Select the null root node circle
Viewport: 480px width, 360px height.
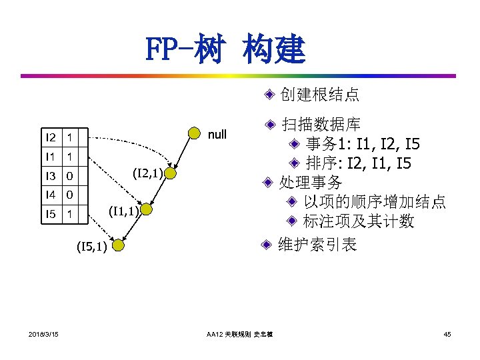click(x=194, y=134)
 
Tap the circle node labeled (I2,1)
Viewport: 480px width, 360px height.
click(x=171, y=174)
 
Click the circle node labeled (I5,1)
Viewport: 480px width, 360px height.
click(x=118, y=246)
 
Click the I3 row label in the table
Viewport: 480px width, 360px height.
click(x=50, y=176)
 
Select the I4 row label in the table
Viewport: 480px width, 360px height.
click(x=50, y=195)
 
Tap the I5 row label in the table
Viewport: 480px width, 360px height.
click(x=50, y=215)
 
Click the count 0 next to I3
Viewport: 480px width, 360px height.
click(x=69, y=176)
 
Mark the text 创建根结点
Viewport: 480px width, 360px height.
click(x=320, y=95)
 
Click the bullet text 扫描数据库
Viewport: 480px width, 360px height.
click(x=321, y=125)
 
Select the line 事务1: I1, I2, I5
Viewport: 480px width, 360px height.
click(x=363, y=143)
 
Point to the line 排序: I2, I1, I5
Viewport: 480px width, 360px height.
click(x=363, y=163)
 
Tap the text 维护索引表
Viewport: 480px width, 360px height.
click(x=318, y=245)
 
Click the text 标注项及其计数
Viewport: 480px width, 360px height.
click(x=358, y=221)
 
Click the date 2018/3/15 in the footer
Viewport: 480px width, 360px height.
click(x=43, y=333)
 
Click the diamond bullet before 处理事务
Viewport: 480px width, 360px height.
click(x=267, y=183)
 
